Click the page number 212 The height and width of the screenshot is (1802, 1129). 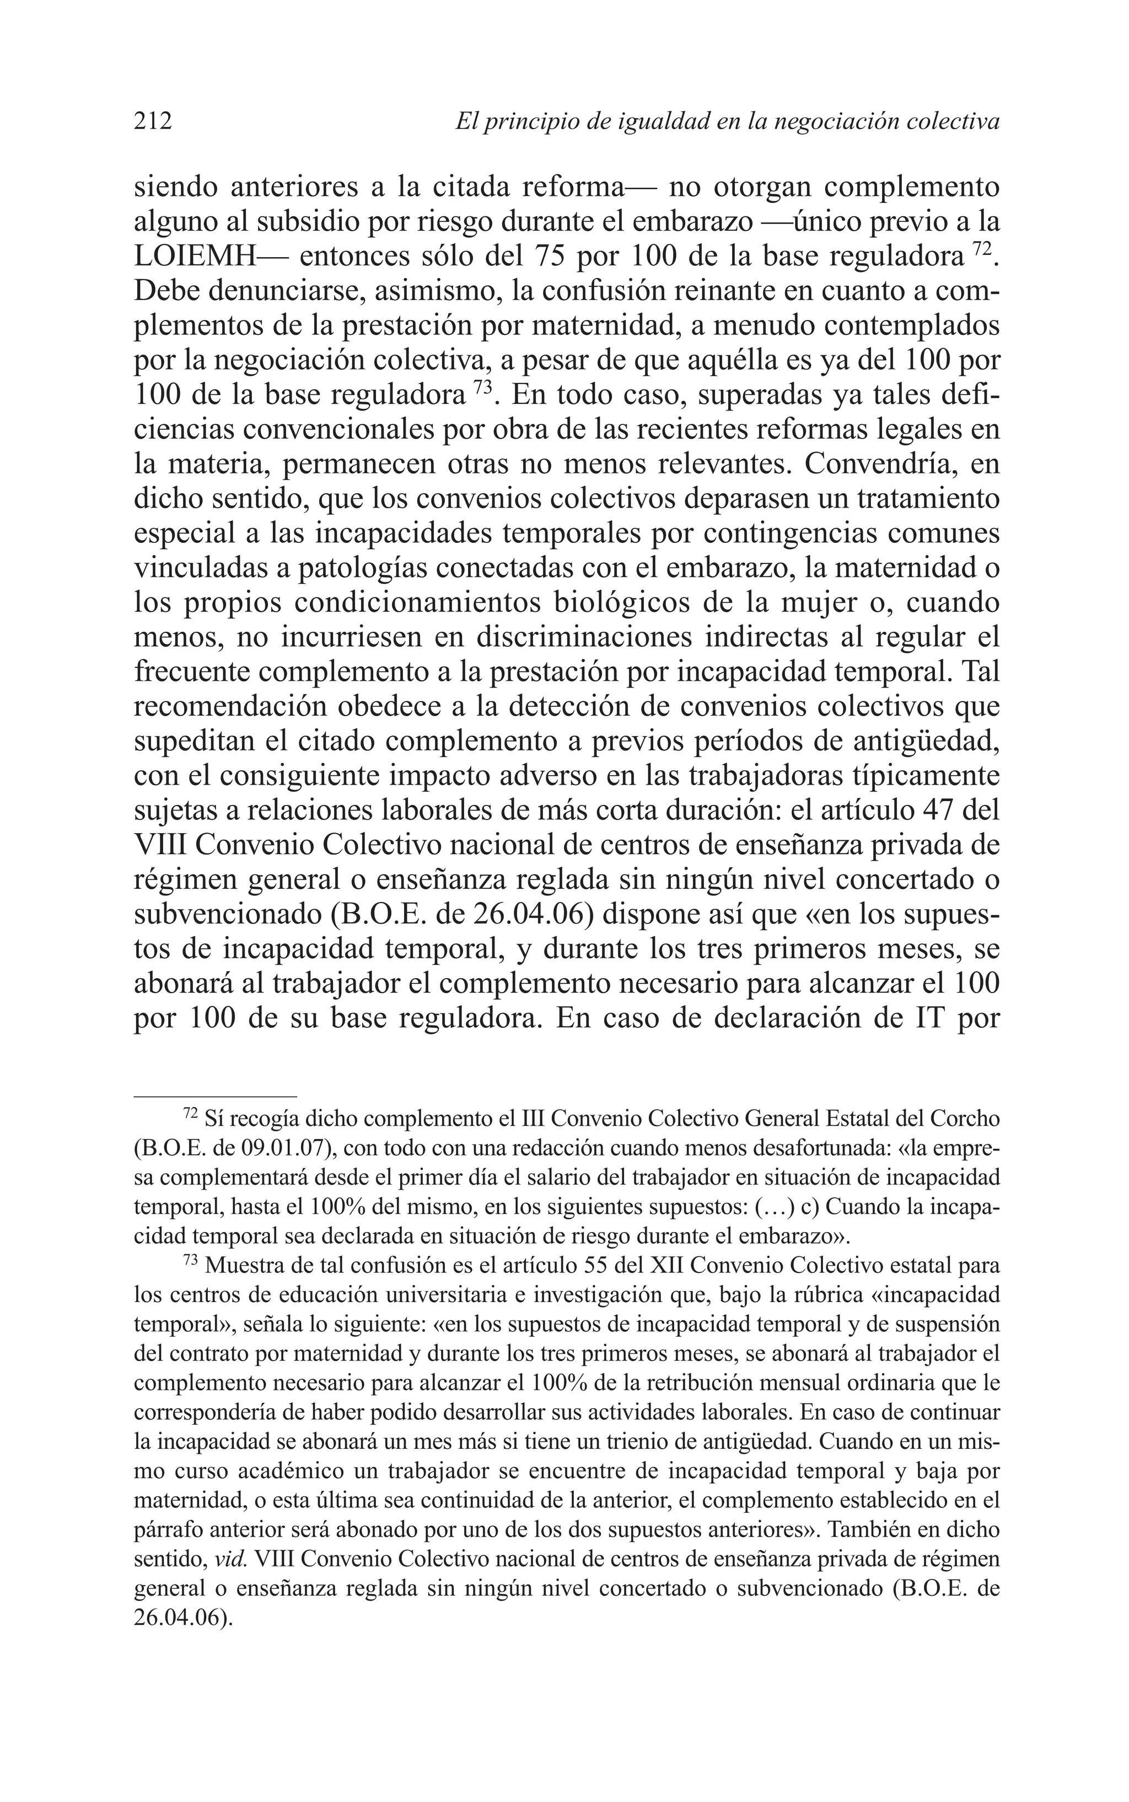(153, 120)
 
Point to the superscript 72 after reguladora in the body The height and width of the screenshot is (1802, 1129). (982, 249)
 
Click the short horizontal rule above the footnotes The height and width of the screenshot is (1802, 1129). (215, 1096)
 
